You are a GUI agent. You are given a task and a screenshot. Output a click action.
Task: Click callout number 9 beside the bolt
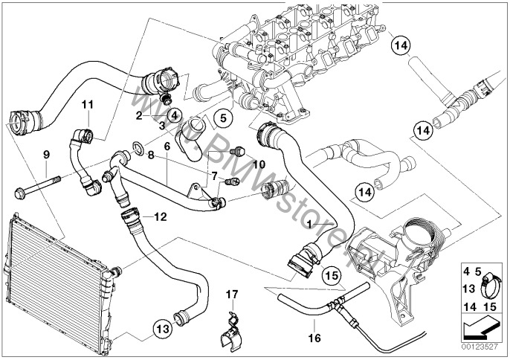46,155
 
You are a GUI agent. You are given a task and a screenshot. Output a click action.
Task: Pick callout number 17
231,294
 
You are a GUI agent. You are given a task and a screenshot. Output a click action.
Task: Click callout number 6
168,147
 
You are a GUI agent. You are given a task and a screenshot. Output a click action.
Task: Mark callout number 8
151,155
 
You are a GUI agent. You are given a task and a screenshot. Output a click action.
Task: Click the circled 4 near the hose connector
173,115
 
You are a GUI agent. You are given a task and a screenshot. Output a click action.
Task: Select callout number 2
138,115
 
